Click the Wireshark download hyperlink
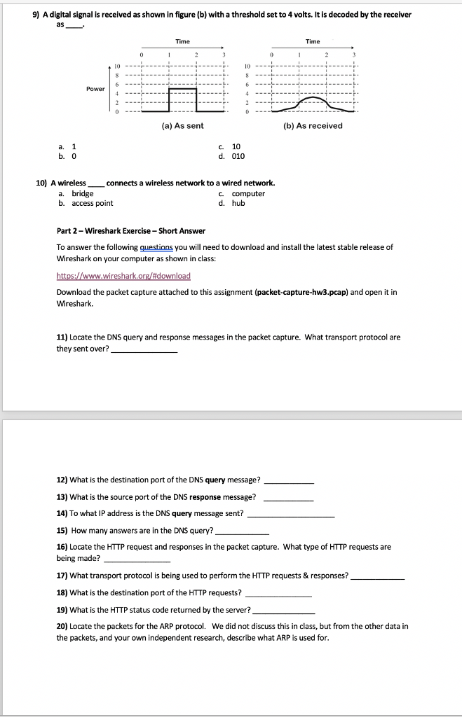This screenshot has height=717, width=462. point(123,275)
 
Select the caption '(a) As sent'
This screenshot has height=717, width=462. point(182,125)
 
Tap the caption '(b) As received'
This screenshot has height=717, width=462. point(311,125)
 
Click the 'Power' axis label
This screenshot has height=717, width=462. point(95,89)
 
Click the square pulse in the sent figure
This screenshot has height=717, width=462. point(183,90)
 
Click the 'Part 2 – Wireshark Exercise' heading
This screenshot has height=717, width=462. point(130,231)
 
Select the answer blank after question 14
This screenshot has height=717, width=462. point(291,513)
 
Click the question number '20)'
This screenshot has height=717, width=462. point(62,626)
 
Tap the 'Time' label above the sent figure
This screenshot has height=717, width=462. point(182,42)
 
